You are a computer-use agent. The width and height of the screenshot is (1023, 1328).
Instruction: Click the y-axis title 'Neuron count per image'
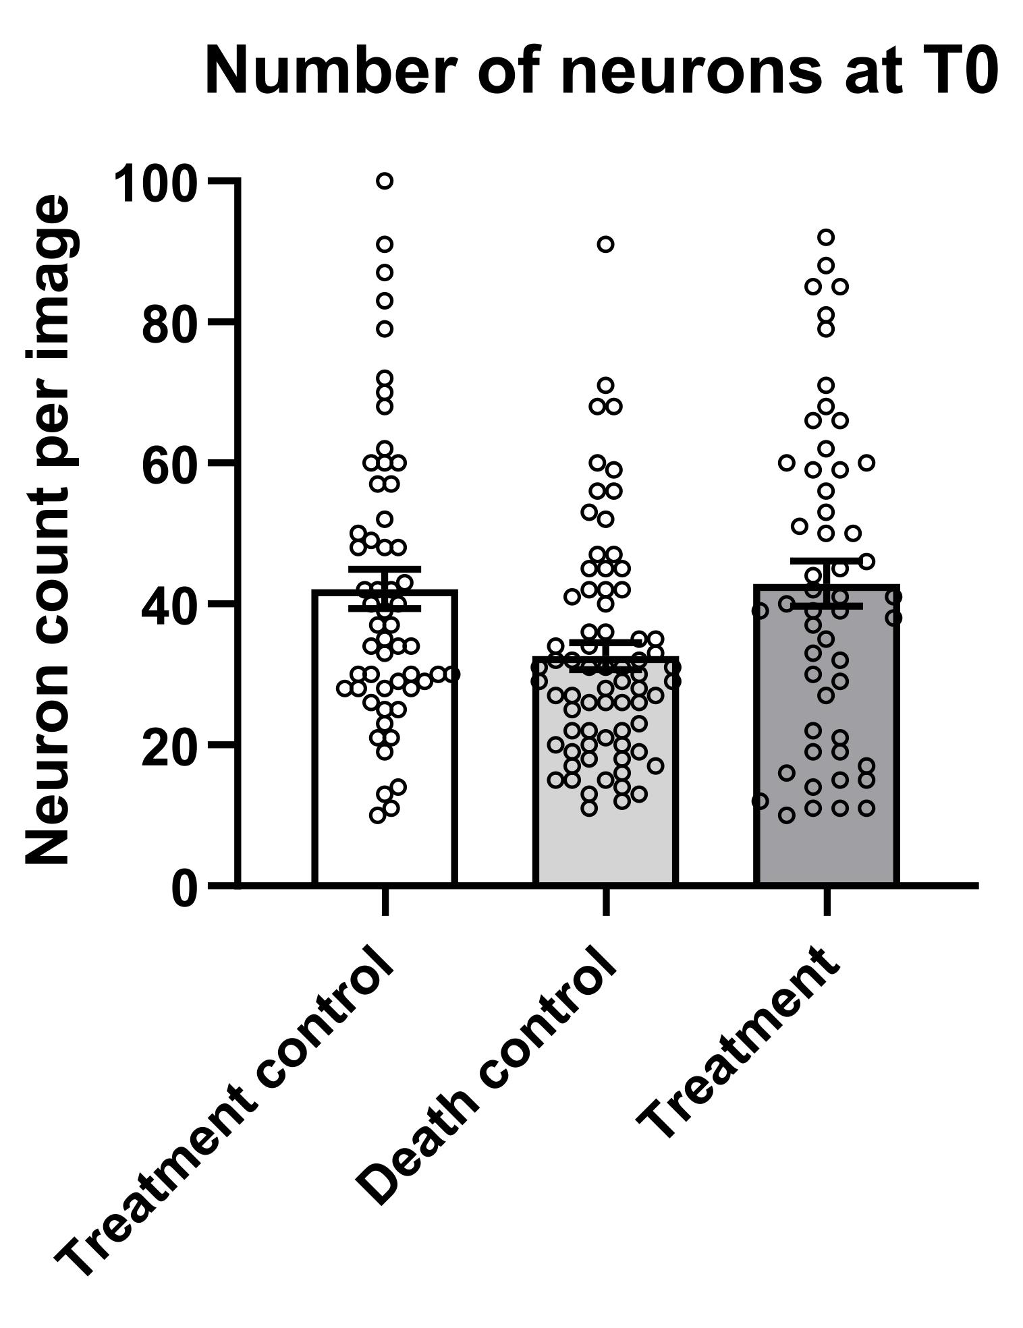click(49, 529)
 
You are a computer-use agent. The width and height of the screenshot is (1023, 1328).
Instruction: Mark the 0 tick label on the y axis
click(185, 888)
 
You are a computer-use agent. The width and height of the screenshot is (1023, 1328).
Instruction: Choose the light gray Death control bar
click(605, 843)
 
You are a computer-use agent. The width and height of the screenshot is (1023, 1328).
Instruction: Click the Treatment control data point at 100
click(385, 181)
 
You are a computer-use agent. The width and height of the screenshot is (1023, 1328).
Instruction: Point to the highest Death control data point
click(606, 244)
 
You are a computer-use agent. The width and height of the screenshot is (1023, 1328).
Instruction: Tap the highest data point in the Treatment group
click(826, 237)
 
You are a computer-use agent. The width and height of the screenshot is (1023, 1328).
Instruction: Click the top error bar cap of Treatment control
click(385, 569)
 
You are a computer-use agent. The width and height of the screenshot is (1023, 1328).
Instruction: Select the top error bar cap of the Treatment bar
click(827, 560)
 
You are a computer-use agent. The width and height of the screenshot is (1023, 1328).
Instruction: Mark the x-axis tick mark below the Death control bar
click(606, 902)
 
